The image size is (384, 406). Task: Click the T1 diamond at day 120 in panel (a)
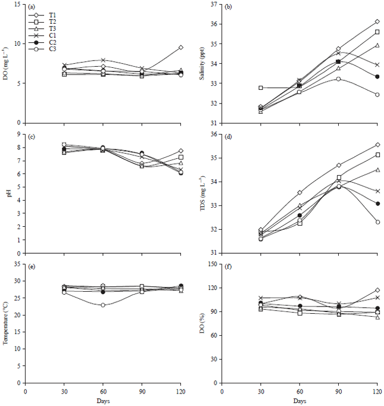tap(180, 47)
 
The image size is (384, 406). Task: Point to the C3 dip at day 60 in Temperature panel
tap(103, 305)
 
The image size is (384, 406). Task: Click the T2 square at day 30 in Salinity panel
tap(261, 88)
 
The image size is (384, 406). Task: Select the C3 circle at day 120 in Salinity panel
tap(377, 95)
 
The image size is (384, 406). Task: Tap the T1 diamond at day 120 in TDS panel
tap(377, 145)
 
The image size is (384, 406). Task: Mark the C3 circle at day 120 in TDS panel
tap(377, 222)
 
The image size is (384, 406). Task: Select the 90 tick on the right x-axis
tap(338, 393)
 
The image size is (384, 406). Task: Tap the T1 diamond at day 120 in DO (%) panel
tap(377, 290)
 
